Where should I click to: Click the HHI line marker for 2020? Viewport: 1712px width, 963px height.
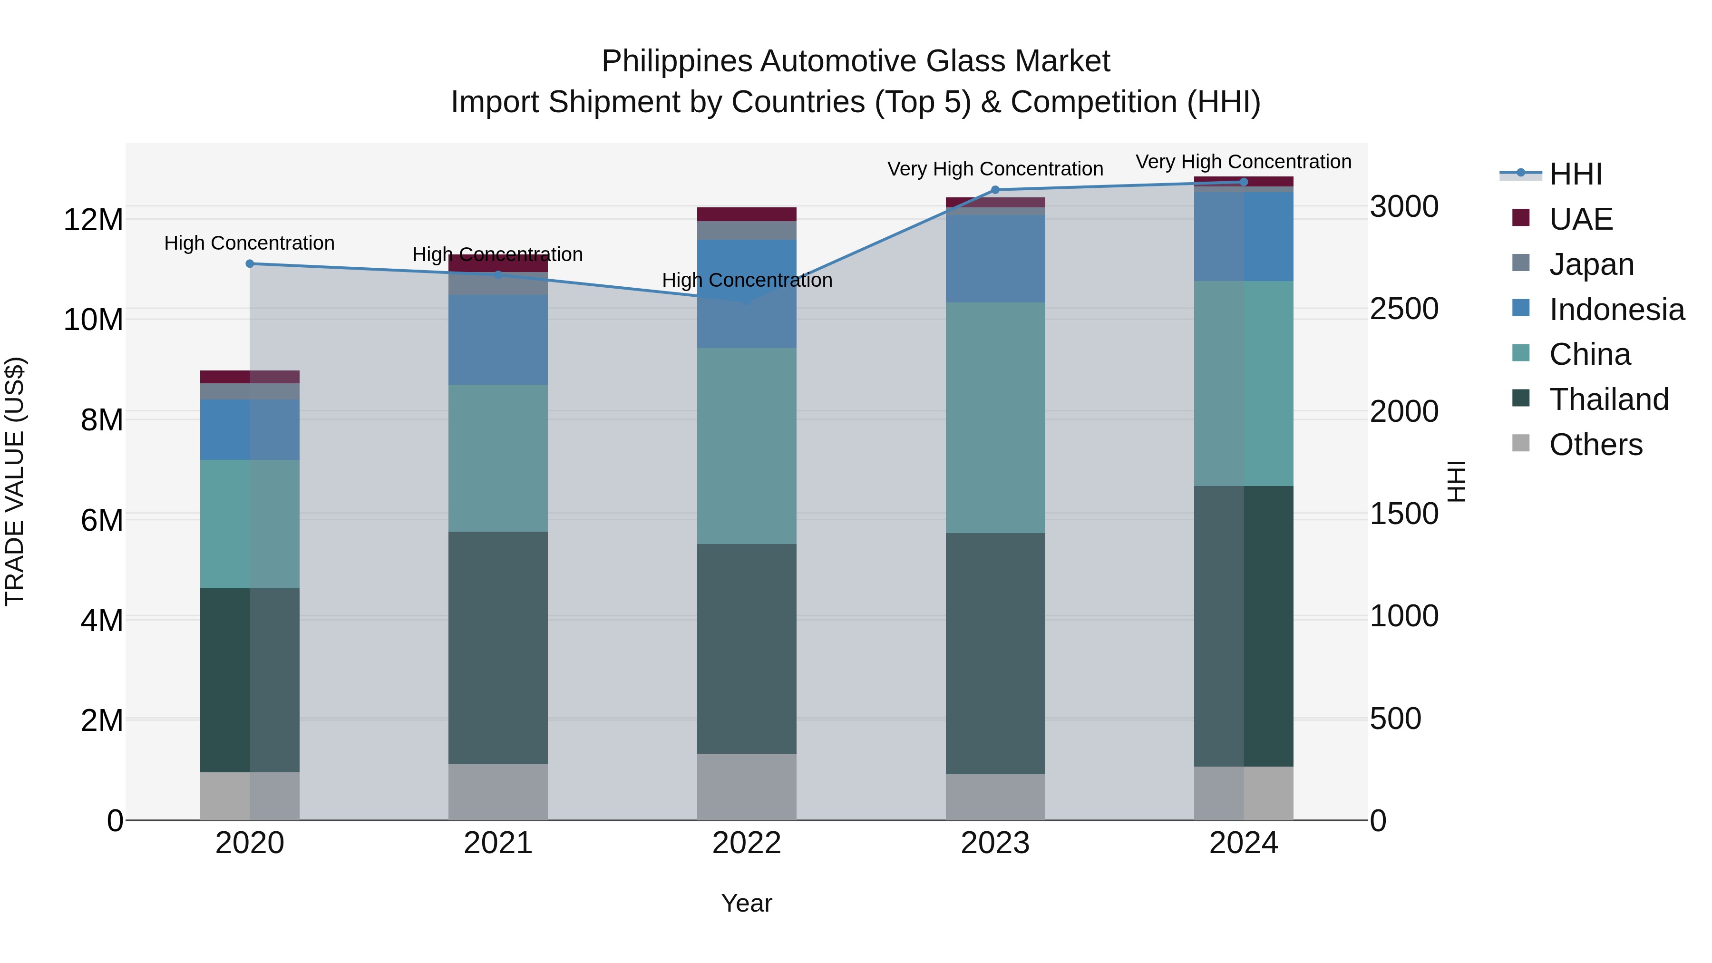coord(250,264)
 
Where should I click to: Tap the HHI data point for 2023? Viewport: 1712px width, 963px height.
coord(995,190)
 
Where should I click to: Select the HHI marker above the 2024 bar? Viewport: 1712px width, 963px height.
coord(1244,182)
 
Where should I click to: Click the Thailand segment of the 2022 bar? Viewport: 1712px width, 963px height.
coord(746,648)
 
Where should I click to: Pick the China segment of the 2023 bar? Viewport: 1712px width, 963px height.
coord(995,418)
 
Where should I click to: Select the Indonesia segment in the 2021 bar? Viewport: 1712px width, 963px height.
coord(498,340)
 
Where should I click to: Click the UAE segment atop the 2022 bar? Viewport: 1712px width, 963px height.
coord(746,214)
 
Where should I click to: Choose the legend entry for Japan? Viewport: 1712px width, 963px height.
coord(1591,264)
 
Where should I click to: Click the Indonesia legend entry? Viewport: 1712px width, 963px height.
coord(1616,310)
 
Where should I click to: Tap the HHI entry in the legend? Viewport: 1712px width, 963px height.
coord(1575,174)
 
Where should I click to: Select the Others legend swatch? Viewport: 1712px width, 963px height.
coord(1521,443)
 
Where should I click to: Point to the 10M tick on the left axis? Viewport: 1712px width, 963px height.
coord(93,320)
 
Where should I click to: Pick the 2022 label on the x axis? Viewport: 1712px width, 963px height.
coord(746,843)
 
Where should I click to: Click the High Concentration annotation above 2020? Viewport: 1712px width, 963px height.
coord(249,243)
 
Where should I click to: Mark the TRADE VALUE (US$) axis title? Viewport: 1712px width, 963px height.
coord(15,481)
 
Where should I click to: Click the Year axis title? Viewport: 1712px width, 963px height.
coord(746,903)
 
